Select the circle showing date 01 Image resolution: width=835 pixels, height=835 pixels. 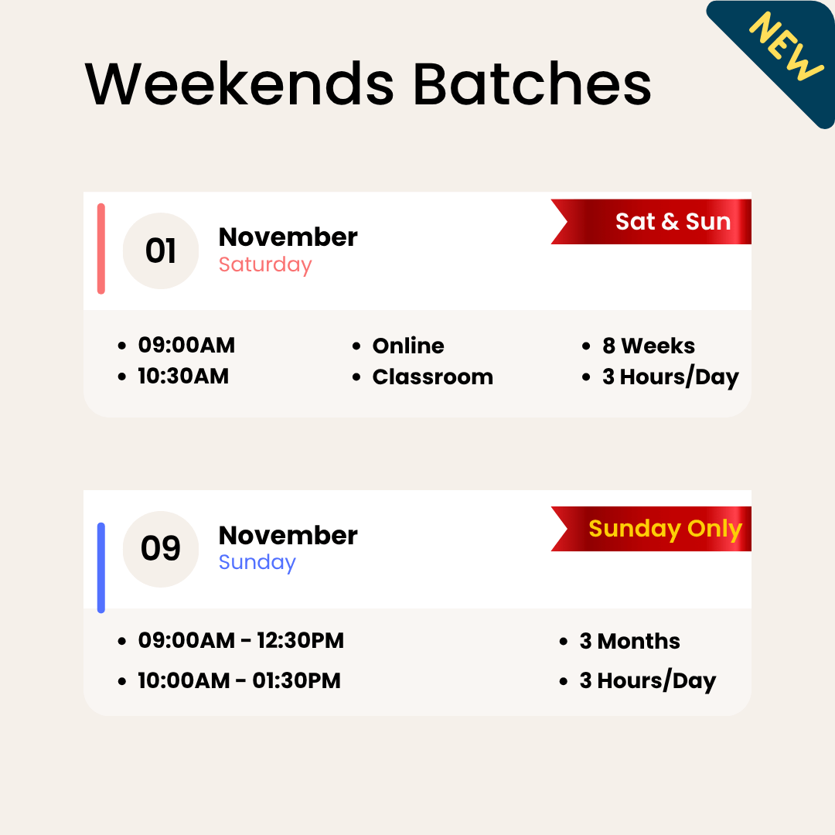(161, 251)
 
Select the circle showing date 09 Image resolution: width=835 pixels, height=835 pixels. (161, 549)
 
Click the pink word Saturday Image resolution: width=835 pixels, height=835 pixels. (265, 264)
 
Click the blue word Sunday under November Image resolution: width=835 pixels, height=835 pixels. (257, 562)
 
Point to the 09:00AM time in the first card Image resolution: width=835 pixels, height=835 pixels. (186, 346)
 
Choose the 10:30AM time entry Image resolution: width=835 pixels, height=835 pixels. (183, 377)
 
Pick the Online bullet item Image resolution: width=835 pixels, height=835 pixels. (408, 346)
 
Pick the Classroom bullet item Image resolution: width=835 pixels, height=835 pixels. (432, 377)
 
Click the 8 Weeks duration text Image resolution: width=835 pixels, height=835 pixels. (649, 346)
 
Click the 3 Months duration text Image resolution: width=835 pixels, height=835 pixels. (629, 641)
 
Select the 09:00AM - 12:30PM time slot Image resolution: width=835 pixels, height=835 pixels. (240, 641)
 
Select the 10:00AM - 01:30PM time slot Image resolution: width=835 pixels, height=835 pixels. (239, 681)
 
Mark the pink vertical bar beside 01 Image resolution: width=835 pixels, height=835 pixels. (101, 249)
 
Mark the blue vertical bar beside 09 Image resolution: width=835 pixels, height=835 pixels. (101, 568)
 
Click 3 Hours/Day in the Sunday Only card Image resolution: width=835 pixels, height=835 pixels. (647, 681)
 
